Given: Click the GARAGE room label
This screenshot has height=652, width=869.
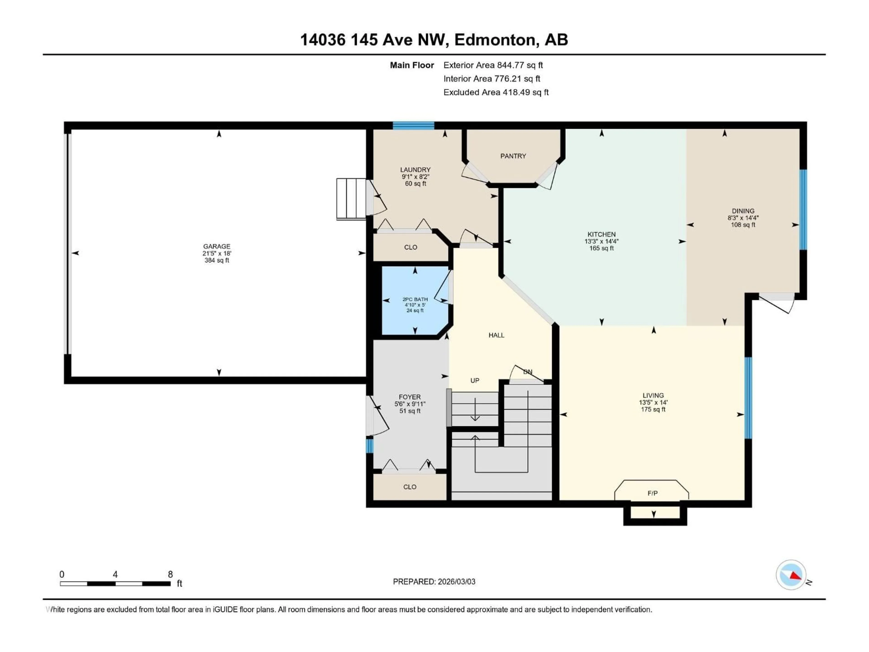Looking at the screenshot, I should coord(217,246).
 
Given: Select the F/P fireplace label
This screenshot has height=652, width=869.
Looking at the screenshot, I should coord(652,493).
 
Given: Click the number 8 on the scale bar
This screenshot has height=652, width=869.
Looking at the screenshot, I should coord(170,574).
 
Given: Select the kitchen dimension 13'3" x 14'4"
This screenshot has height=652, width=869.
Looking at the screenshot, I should coord(601,241).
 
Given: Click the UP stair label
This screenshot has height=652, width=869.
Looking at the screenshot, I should coord(475,380).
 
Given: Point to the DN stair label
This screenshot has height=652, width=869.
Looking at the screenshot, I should coord(528,372).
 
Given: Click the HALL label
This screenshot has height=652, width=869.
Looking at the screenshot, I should coord(496,335).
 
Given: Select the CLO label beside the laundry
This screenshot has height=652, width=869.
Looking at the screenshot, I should coord(411,247).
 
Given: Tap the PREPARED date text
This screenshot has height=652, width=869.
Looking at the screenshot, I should coord(434,582).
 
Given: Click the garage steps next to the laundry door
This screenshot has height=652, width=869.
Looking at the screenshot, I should coord(351,199).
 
